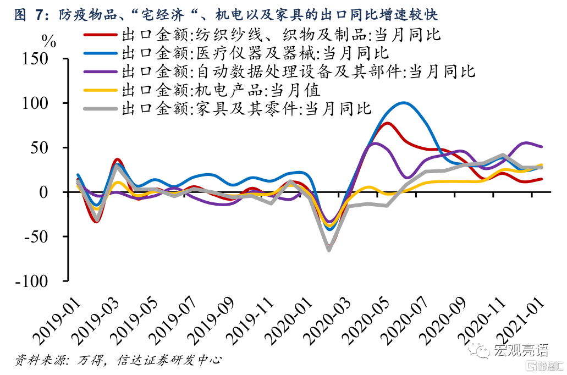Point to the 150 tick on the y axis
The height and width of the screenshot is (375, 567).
(41, 59)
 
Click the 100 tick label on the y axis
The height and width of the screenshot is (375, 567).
(41, 103)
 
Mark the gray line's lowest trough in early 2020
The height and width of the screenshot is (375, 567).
(329, 250)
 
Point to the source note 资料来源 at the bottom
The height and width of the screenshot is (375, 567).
(118, 361)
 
